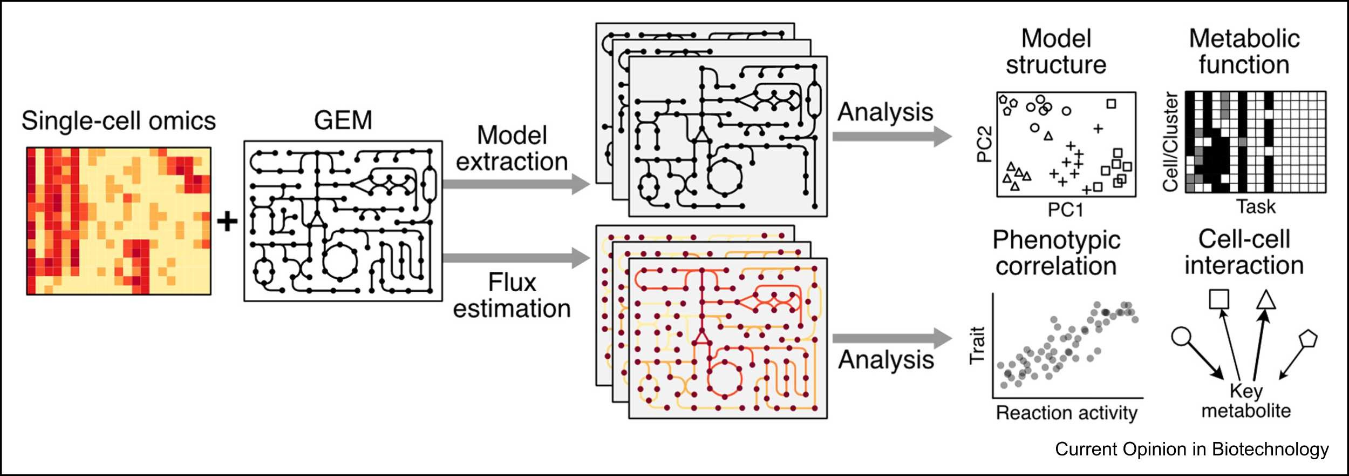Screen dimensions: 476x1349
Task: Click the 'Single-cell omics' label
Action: coord(118,120)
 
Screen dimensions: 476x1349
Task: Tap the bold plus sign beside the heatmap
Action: coord(227,222)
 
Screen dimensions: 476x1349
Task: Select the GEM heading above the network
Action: coord(343,120)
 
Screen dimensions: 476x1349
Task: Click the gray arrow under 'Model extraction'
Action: coord(515,184)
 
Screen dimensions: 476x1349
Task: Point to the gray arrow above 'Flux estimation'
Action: coord(515,258)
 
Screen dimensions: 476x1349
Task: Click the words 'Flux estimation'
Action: coord(512,296)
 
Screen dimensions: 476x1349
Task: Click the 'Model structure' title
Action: coord(1056,52)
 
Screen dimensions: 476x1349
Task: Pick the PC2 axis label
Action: coord(984,144)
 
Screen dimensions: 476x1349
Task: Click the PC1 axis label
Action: coord(1065,210)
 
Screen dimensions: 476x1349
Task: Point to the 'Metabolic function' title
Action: coord(1244,52)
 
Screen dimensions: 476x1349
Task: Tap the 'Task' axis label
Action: coord(1256,206)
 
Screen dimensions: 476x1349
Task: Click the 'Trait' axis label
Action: coord(977,346)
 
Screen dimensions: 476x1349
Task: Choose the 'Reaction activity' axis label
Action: coord(1067,413)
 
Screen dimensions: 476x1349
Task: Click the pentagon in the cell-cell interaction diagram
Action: coord(1309,339)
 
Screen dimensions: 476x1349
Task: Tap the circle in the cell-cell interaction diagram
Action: coord(1181,337)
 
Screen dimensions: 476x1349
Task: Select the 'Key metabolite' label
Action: coord(1246,400)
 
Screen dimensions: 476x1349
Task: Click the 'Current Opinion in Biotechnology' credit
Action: coord(1192,449)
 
